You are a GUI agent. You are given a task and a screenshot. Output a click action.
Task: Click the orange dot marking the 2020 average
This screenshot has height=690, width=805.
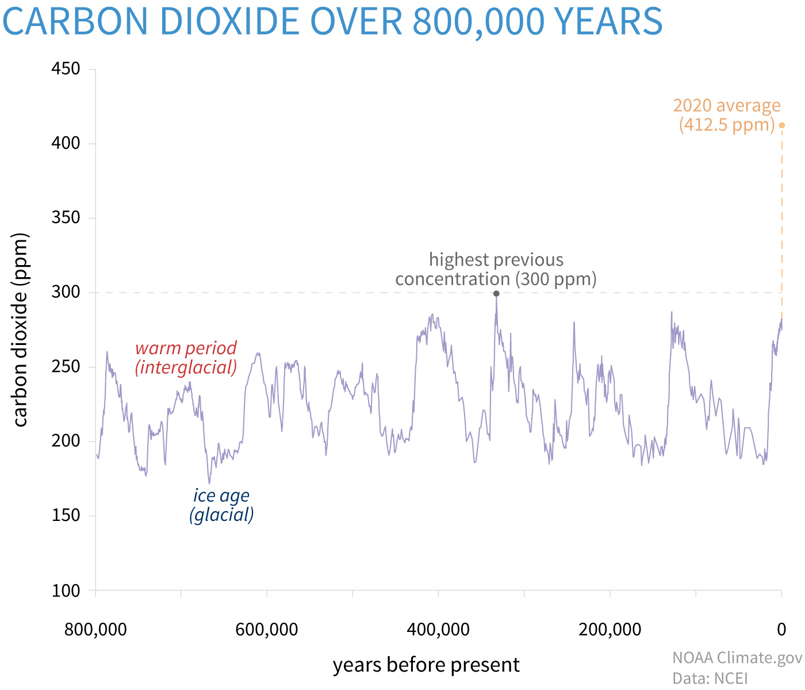[x=781, y=125]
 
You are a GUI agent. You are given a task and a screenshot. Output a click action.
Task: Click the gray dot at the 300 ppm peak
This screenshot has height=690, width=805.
[x=496, y=294]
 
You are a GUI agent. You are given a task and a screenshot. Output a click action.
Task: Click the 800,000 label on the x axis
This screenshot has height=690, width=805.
[x=95, y=630]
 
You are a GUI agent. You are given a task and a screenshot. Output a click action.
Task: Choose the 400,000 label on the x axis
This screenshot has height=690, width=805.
[x=438, y=630]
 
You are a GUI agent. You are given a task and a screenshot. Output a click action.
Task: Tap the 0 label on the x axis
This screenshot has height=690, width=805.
[x=781, y=630]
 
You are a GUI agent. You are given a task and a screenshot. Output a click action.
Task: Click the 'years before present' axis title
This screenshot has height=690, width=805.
[x=426, y=665]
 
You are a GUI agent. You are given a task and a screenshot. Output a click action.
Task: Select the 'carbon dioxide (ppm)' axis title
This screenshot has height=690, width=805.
[x=21, y=330]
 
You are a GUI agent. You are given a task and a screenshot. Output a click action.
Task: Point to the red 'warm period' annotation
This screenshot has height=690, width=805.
[x=186, y=348]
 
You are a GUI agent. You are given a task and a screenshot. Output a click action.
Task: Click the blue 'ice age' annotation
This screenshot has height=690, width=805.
[x=221, y=496]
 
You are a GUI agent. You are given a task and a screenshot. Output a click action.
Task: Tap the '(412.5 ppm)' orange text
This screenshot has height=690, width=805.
[x=727, y=125]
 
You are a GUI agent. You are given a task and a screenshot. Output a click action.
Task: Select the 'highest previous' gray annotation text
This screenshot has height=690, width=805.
[x=496, y=260]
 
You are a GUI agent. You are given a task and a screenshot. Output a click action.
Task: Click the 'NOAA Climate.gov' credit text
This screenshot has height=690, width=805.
[x=737, y=658]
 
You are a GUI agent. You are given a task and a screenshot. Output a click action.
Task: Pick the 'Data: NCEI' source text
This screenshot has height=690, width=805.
[x=710, y=678]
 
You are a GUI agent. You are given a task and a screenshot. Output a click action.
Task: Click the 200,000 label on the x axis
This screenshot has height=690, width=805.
[x=609, y=630]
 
